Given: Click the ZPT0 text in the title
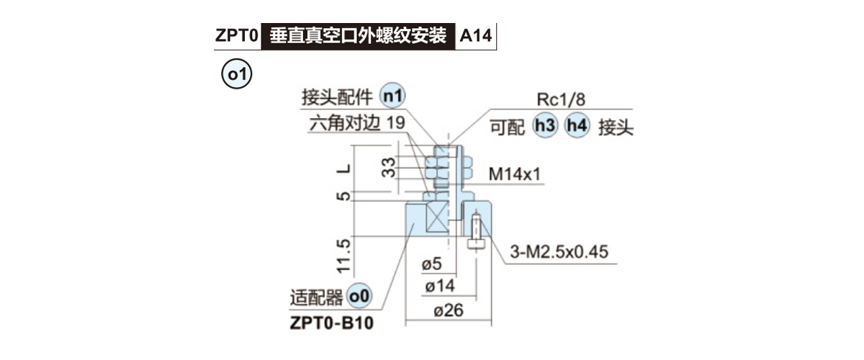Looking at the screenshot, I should (236, 35).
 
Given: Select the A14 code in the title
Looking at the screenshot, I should (475, 35).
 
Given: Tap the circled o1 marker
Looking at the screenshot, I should (236, 76).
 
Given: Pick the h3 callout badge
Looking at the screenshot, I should (545, 127).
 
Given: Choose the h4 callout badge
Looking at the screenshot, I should (577, 127).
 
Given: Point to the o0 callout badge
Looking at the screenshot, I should (359, 296).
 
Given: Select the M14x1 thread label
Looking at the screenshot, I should (515, 174).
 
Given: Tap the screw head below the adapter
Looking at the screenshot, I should (476, 244).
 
